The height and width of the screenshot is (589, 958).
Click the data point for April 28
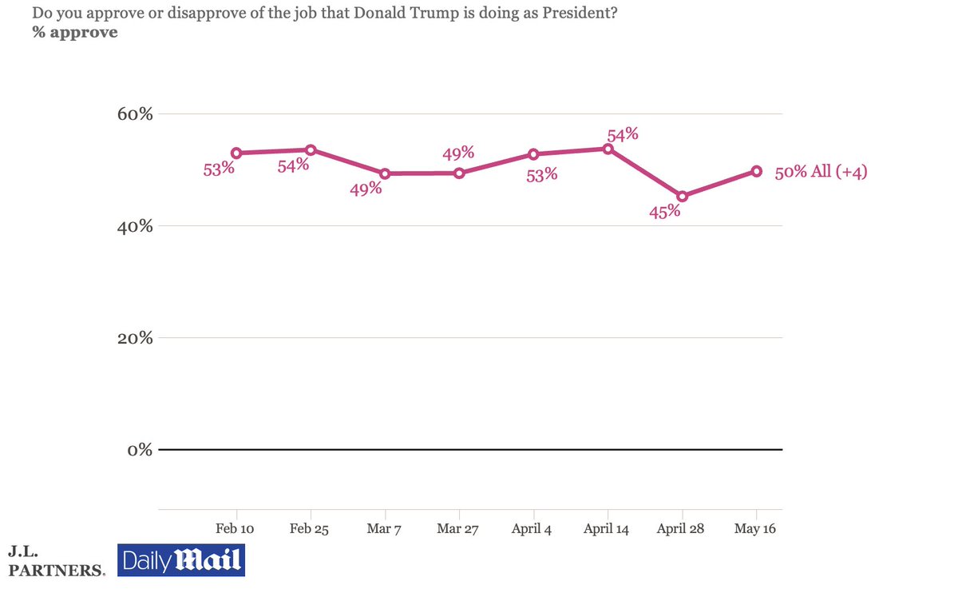(682, 197)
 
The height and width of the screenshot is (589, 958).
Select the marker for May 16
(756, 171)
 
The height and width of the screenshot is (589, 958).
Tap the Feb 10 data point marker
(236, 153)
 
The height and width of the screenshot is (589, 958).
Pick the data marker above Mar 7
(385, 173)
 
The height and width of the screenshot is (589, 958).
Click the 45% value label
(664, 212)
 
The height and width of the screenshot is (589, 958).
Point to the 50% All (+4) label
(821, 172)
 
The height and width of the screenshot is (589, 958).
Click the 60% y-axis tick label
(135, 113)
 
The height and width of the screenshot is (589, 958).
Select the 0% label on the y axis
(140, 450)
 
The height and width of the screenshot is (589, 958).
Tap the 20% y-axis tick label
(135, 338)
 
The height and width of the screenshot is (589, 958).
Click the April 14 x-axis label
(606, 529)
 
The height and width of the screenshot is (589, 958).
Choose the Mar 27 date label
(457, 528)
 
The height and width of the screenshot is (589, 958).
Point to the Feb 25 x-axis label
(309, 528)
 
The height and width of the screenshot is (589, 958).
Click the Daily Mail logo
(181, 560)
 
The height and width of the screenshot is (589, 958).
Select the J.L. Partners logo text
(57, 562)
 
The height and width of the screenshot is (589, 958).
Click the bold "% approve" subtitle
(75, 32)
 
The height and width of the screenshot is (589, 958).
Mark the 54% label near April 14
(623, 135)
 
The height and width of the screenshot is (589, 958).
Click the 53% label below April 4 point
(542, 175)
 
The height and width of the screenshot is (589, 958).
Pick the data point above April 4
(533, 154)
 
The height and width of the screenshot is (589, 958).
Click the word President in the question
(580, 13)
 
